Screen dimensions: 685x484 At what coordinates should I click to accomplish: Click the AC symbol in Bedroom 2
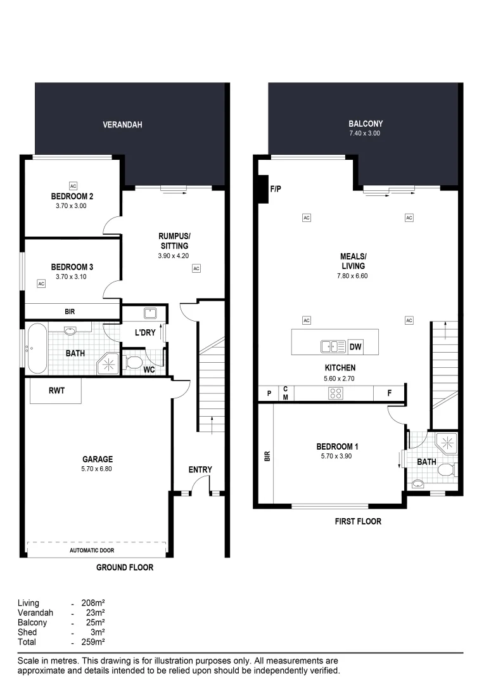click(x=73, y=186)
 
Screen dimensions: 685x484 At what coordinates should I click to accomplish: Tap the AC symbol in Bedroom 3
click(x=41, y=284)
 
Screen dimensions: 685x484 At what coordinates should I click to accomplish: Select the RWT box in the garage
click(x=54, y=391)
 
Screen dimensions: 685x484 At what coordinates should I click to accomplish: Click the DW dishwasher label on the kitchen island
click(x=355, y=346)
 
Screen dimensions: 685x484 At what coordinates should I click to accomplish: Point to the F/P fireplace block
click(x=264, y=189)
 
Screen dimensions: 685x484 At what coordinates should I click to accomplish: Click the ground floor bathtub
click(x=36, y=348)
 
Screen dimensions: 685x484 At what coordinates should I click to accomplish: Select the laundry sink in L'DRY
click(x=151, y=313)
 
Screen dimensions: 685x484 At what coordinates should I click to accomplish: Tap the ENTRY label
click(x=200, y=469)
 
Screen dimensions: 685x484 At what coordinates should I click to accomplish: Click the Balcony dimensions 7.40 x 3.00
click(x=366, y=134)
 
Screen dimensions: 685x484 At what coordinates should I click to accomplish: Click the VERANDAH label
click(x=122, y=125)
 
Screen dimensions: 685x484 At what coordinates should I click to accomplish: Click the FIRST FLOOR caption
click(x=358, y=521)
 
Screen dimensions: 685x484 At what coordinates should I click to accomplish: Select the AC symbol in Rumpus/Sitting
click(x=196, y=268)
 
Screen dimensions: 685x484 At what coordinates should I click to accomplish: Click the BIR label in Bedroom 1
click(x=267, y=455)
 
